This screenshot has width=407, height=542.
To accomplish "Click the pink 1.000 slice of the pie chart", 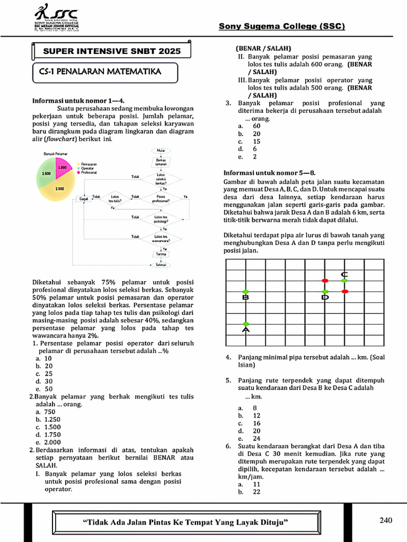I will click(61, 167).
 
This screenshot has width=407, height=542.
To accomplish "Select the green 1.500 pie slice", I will click(45, 173).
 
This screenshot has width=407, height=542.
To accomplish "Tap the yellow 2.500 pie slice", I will click(58, 187).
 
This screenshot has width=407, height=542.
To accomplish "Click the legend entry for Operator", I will click(90, 168).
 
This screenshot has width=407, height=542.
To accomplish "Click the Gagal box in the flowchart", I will click(84, 198).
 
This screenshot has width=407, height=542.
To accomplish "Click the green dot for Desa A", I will click(246, 324).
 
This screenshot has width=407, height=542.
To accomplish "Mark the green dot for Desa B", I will click(245, 292).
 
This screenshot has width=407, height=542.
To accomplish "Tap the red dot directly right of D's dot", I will click(345, 292).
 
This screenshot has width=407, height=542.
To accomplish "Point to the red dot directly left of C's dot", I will click(325, 281).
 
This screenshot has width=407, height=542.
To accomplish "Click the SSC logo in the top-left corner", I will click(56, 19).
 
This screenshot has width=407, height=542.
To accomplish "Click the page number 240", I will click(386, 520).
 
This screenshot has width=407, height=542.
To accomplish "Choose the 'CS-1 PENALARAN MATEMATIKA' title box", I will click(100, 71).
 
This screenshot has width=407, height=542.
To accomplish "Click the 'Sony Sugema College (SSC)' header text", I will click(281, 26).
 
